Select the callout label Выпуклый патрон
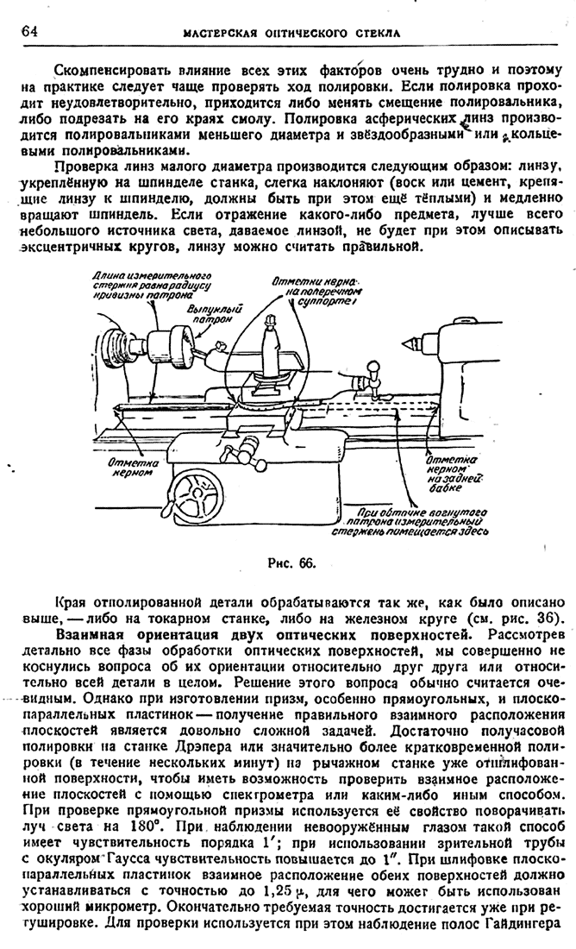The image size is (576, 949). tap(213, 313)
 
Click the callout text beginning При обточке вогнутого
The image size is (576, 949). tap(417, 521)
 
